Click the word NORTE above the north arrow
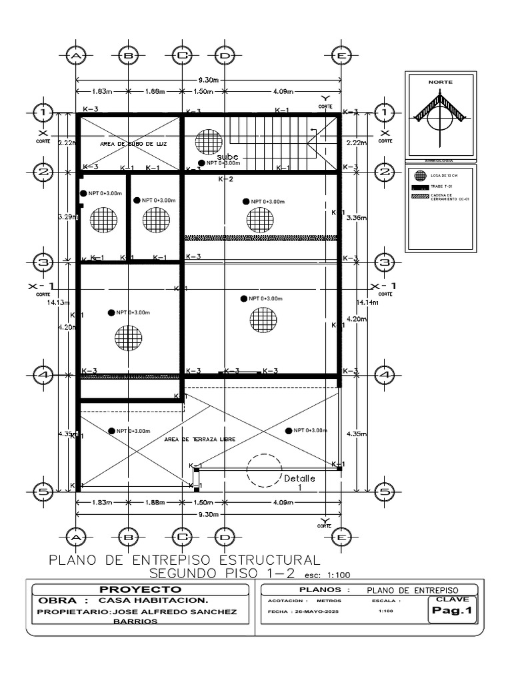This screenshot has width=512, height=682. tap(440, 82)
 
